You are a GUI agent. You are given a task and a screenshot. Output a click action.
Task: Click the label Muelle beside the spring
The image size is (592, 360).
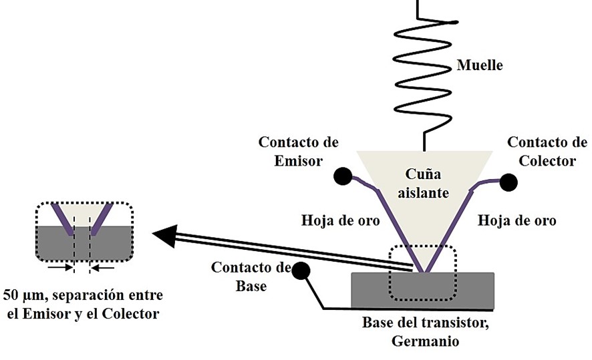(x=480, y=65)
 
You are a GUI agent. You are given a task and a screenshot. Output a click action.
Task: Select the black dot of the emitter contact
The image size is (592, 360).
(x=343, y=176)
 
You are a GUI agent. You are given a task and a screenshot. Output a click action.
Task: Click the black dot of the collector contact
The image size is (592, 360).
(x=508, y=182)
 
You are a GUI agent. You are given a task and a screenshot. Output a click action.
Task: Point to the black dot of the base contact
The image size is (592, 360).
(x=301, y=271)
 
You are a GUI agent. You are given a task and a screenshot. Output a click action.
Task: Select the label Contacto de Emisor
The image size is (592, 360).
(x=298, y=151)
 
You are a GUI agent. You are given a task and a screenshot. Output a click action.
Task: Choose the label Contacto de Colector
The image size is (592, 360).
(x=547, y=151)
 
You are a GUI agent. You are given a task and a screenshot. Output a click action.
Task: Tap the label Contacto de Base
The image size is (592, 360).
(x=251, y=277)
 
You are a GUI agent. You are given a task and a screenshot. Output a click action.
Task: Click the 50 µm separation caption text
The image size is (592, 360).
(x=83, y=304)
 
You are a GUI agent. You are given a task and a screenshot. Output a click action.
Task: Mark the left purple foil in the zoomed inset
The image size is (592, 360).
(x=64, y=218)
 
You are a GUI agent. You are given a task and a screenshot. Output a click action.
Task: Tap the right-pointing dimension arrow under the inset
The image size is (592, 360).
(x=62, y=268)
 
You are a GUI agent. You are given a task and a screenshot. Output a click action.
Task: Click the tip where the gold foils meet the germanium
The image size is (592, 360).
(x=422, y=271)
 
